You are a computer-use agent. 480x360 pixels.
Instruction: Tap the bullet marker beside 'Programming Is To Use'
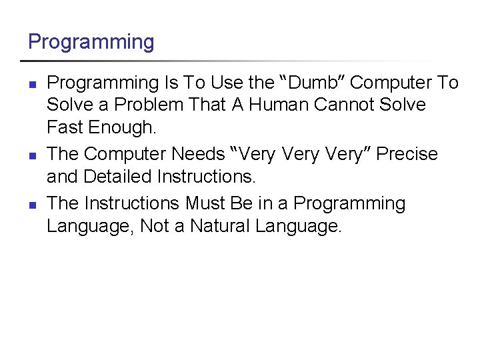coord(31,84)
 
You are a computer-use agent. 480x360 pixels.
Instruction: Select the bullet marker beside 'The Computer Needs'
coord(31,155)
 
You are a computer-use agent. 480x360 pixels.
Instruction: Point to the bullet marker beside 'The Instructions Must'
coord(31,203)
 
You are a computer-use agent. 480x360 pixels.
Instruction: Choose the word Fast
coord(65,127)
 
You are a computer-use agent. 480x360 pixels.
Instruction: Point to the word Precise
coord(407,154)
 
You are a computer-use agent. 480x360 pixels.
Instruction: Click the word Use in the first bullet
coord(227,83)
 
